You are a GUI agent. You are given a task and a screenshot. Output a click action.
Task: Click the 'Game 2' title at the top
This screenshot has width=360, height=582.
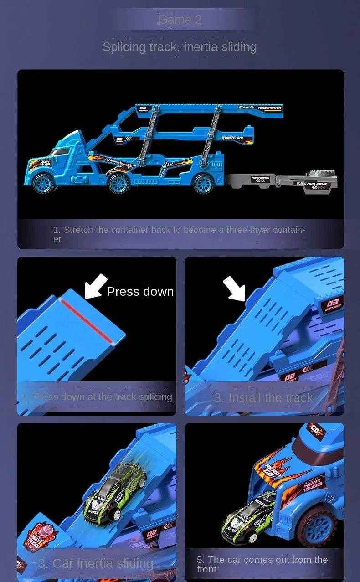[180, 20]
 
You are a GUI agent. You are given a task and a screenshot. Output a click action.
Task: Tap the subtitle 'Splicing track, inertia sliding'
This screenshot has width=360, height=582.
[179, 47]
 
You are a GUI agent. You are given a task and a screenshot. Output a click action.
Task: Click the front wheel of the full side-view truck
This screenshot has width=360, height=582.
[44, 183]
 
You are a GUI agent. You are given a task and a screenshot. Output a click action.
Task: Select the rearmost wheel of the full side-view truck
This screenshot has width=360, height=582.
[203, 183]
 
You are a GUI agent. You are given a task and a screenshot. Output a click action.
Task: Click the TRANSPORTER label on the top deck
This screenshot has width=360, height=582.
[270, 108]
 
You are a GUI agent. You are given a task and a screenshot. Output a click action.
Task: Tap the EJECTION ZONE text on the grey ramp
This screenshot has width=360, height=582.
[312, 184]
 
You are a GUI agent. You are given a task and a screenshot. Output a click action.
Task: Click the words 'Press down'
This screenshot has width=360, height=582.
[140, 292]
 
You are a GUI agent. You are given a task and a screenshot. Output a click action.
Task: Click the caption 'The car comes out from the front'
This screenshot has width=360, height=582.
[262, 564]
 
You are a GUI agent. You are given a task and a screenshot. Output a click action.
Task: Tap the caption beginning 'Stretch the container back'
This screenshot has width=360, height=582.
[179, 234]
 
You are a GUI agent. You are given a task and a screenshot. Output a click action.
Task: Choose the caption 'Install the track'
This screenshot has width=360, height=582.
[263, 398]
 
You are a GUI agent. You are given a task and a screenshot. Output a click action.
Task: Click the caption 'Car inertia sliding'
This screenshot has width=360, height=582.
[96, 564]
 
